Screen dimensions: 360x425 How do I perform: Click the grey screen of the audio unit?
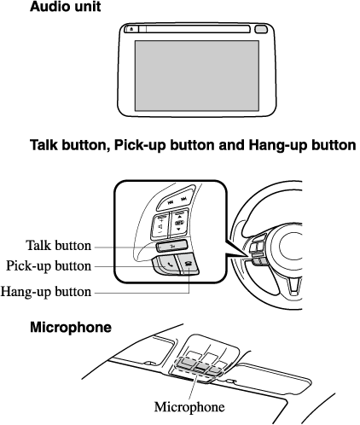(197, 75)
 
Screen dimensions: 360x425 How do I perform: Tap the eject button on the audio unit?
(131, 29)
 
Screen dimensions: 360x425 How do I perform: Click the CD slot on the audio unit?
(198, 29)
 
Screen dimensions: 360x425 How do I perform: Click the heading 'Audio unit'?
(65, 6)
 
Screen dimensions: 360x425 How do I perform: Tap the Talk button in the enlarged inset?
(172, 246)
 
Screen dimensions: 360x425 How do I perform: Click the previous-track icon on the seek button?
(171, 202)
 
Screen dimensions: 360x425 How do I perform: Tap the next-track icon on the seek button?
(184, 199)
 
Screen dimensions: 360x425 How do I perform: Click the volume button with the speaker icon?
(161, 227)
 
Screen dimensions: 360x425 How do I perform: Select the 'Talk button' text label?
(59, 246)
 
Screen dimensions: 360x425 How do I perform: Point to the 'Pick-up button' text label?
(49, 266)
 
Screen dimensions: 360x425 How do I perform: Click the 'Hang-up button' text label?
(46, 292)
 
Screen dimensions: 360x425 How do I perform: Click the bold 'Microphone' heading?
(71, 328)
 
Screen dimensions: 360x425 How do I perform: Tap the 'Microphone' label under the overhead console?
(189, 407)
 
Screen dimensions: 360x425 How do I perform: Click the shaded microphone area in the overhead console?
(198, 366)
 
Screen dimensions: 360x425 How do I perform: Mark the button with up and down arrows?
(178, 223)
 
